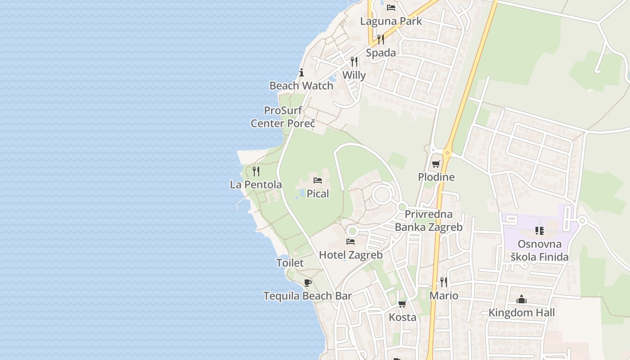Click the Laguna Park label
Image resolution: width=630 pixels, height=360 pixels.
pyautogui.click(x=391, y=21)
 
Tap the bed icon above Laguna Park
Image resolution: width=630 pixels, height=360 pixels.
pyautogui.click(x=391, y=8)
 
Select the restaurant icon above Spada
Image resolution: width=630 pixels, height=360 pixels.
pyautogui.click(x=381, y=39)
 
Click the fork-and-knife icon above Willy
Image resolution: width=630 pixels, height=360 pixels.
pyautogui.click(x=354, y=62)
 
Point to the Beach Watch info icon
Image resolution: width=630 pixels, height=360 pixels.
pyautogui.click(x=301, y=72)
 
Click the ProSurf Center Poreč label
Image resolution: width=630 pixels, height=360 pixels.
pyautogui.click(x=283, y=117)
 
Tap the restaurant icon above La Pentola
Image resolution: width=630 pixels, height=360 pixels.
pyautogui.click(x=256, y=171)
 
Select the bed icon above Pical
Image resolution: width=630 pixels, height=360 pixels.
pyautogui.click(x=318, y=180)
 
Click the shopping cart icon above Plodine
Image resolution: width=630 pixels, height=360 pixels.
pyautogui.click(x=436, y=164)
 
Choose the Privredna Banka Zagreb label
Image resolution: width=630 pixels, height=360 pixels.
pyautogui.click(x=428, y=220)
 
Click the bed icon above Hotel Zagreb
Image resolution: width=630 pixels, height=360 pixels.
pyautogui.click(x=351, y=242)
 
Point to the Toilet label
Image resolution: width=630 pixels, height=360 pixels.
pyautogui.click(x=290, y=263)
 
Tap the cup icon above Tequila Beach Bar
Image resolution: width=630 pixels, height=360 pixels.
pyautogui.click(x=307, y=283)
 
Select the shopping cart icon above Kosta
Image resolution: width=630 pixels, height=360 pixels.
pyautogui.click(x=402, y=304)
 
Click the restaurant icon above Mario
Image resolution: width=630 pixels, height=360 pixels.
pyautogui.click(x=444, y=282)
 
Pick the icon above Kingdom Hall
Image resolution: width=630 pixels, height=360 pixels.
pyautogui.click(x=522, y=299)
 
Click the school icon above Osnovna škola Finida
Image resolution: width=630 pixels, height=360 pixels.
pyautogui.click(x=539, y=231)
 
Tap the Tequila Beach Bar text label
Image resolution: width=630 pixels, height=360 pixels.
pyautogui.click(x=307, y=296)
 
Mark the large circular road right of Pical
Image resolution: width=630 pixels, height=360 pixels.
pyautogui.click(x=382, y=195)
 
